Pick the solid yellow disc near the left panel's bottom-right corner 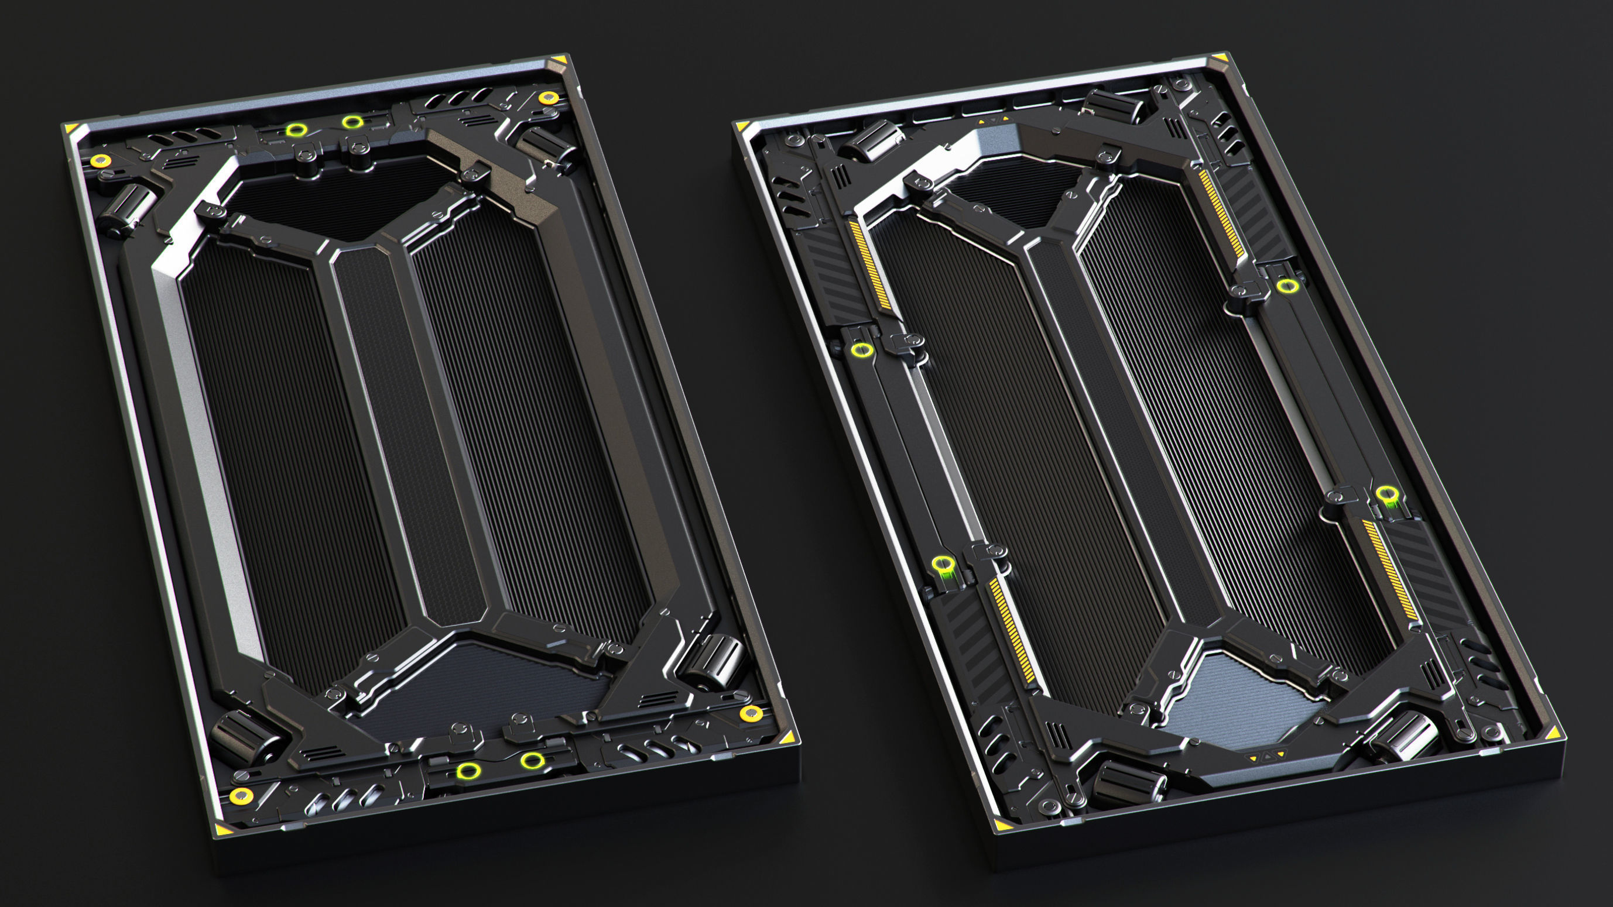point(750,713)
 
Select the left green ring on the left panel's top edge point(296,130)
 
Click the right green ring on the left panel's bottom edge point(532,761)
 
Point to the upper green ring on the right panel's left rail point(862,349)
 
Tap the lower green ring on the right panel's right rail point(1387,493)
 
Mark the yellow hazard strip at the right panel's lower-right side point(1390,569)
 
